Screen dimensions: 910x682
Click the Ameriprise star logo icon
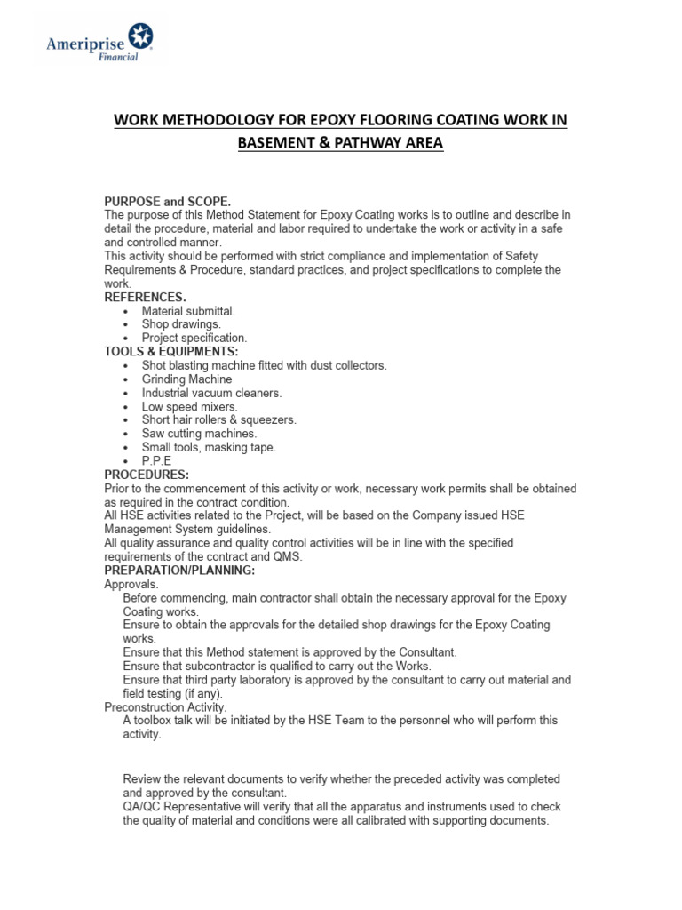click(140, 36)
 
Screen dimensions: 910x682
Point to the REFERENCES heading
click(146, 297)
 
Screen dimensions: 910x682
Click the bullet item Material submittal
click(188, 311)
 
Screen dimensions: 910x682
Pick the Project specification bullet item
click(194, 338)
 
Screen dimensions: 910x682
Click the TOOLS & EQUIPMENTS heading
click(170, 352)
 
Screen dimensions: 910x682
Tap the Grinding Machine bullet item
click(186, 379)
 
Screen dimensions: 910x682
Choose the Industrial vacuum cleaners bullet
click(211, 393)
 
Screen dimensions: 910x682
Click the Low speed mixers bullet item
click(190, 406)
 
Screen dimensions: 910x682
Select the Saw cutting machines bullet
click(199, 434)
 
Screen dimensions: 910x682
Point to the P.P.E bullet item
click(156, 461)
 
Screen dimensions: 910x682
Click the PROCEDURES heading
click(147, 475)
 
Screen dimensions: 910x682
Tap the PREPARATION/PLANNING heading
click(179, 570)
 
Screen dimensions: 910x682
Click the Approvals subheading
click(131, 584)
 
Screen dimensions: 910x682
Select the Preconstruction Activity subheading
click(165, 707)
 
